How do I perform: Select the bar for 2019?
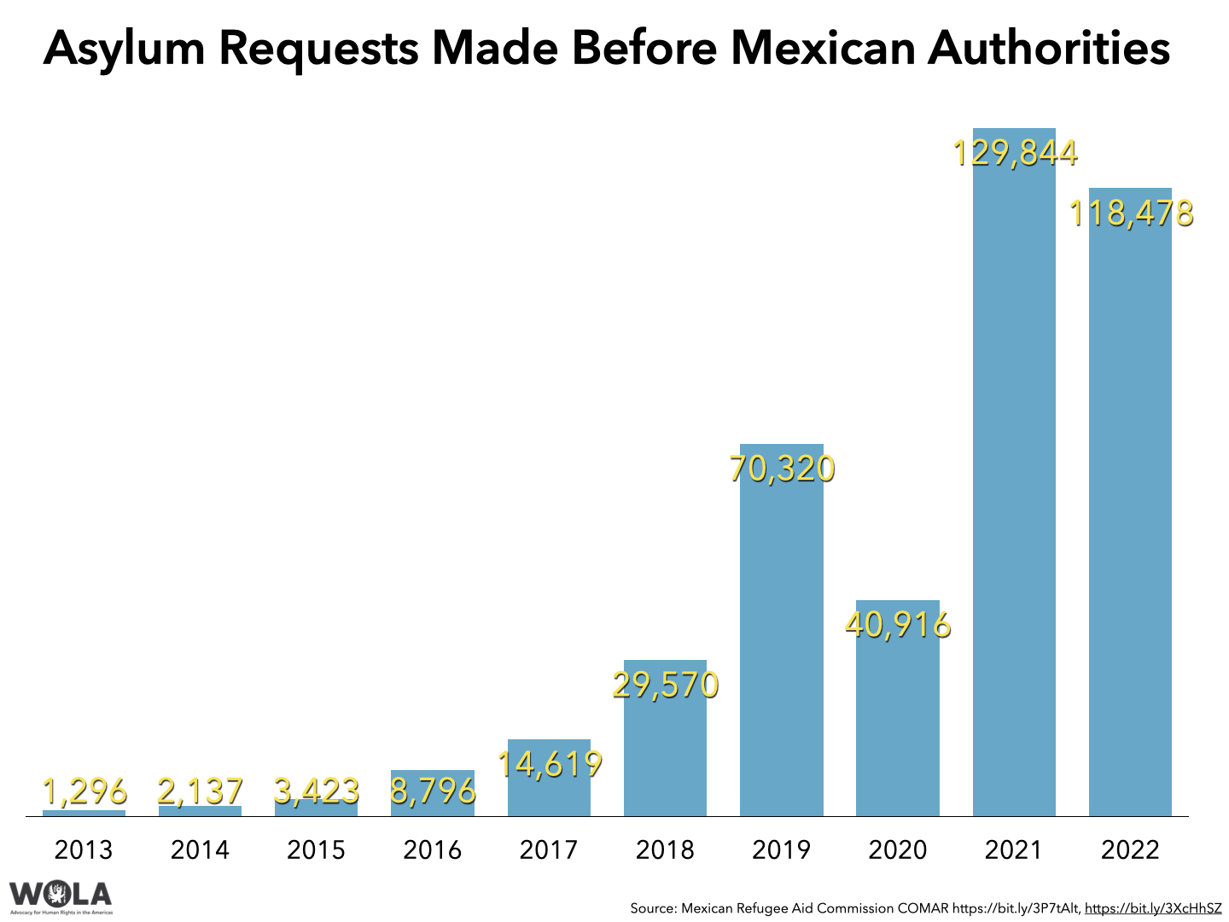pyautogui.click(x=781, y=640)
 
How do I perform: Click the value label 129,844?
pyautogui.click(x=1014, y=153)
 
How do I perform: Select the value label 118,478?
pyautogui.click(x=1131, y=213)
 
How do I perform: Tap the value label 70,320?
pyautogui.click(x=781, y=469)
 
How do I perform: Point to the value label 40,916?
pyautogui.click(x=897, y=625)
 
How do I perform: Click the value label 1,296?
pyautogui.click(x=84, y=792)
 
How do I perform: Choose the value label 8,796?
pyautogui.click(x=433, y=791)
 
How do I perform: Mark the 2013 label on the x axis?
pyautogui.click(x=84, y=849)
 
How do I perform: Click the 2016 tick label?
pyautogui.click(x=433, y=849)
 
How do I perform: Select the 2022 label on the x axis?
pyautogui.click(x=1131, y=849)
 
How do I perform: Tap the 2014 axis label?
pyautogui.click(x=200, y=849)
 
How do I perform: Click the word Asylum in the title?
pyautogui.click(x=125, y=49)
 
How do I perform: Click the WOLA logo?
pyautogui.click(x=61, y=896)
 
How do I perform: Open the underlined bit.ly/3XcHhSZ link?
pyautogui.click(x=1153, y=908)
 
